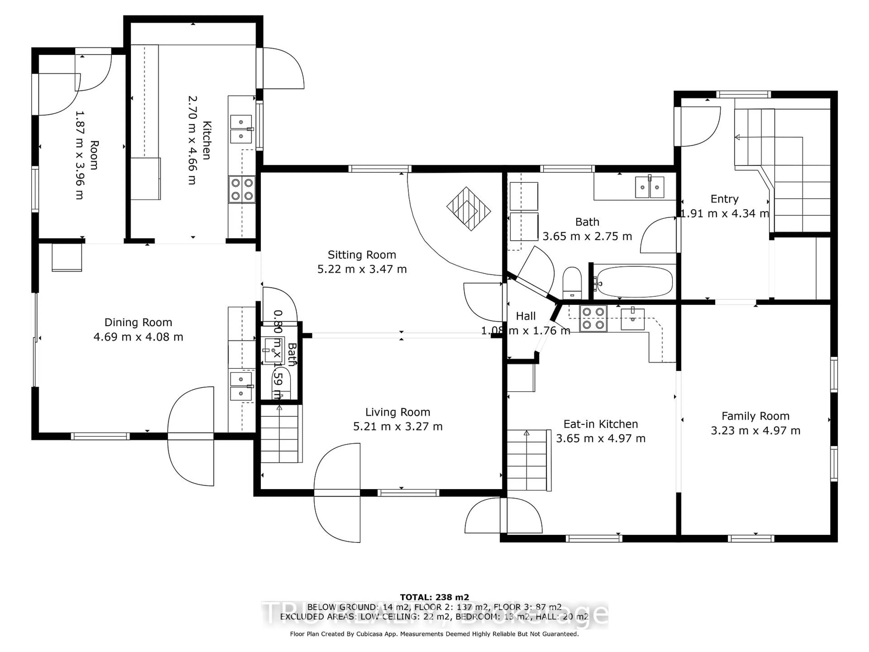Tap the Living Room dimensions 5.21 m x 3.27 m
398,427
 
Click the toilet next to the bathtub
572,282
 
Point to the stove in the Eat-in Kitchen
593,318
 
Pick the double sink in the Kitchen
241,129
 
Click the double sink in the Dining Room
241,386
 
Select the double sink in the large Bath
649,187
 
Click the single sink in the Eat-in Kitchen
632,319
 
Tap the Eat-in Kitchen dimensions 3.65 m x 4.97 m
600,438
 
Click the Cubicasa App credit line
434,634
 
